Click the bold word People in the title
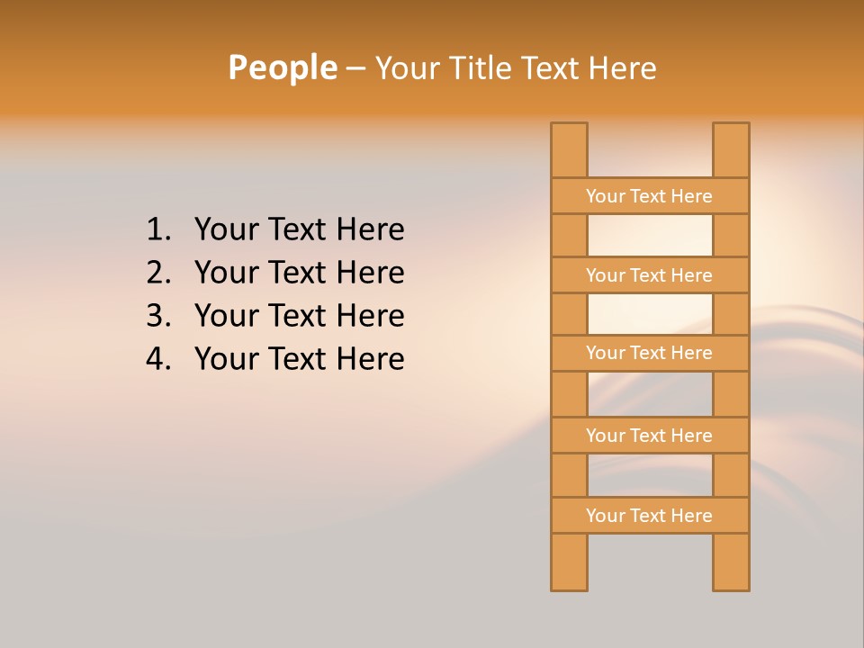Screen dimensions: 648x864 click(x=282, y=67)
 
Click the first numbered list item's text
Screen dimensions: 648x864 click(x=299, y=229)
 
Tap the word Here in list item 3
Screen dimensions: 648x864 click(x=370, y=316)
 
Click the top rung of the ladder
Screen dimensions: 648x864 click(x=649, y=196)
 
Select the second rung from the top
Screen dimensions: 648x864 click(x=649, y=275)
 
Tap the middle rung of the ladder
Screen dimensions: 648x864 click(x=649, y=353)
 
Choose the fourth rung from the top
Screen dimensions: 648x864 click(x=649, y=436)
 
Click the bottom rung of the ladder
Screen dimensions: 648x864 click(x=649, y=516)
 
